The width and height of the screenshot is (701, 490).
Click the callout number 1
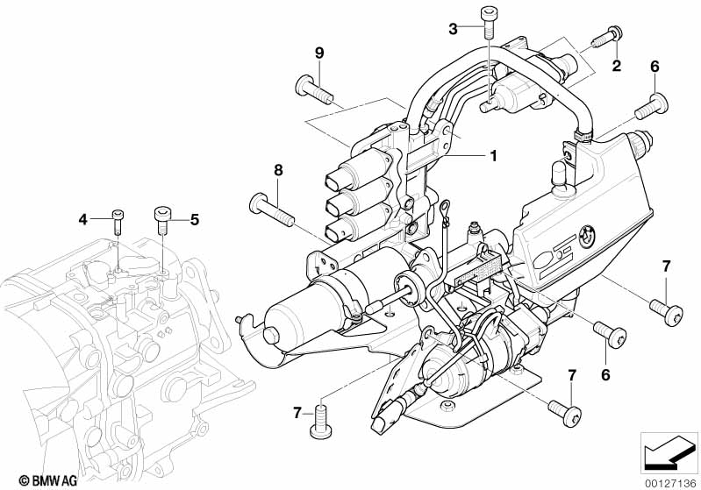[493, 156]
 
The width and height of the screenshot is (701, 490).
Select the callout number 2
[617, 66]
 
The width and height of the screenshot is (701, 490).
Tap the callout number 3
[454, 30]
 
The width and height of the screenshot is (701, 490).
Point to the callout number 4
[82, 219]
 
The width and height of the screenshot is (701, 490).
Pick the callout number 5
[195, 219]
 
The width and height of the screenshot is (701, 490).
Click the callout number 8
[278, 170]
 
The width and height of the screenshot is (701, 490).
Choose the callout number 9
[319, 53]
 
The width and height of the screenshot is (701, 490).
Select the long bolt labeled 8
[272, 209]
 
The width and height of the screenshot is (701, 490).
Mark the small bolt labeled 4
[118, 221]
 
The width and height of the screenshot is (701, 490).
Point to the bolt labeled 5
[162, 220]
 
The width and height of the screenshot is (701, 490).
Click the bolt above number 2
[607, 36]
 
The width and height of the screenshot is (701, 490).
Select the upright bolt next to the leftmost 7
[321, 421]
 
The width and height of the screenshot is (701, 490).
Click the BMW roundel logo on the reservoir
[587, 235]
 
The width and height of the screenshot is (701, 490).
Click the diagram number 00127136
[670, 483]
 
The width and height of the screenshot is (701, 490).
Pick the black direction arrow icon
[668, 454]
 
